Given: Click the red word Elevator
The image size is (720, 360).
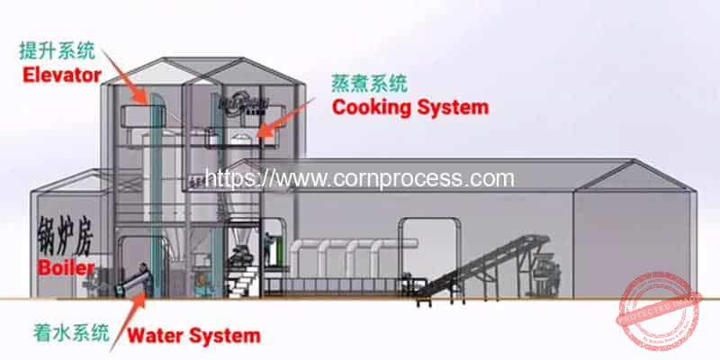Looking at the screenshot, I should pos(61,76).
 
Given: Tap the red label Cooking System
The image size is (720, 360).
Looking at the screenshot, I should pos(410,107).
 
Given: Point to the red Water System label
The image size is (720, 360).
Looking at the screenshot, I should pos(194,337).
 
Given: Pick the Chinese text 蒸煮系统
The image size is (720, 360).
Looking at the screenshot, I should pos(370,84).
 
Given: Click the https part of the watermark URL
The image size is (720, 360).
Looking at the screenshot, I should pos(236,177).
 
